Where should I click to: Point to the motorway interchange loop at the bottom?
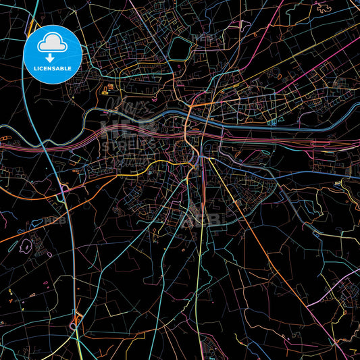coord(75,323)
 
